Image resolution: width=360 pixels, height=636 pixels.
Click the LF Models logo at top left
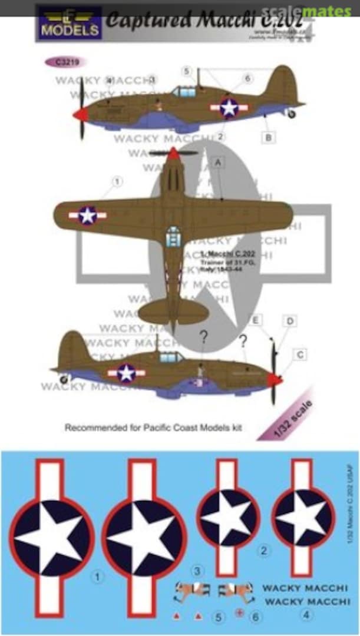70,23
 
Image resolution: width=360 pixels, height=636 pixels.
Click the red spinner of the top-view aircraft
173,154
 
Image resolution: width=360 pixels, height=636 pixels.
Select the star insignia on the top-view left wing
87,216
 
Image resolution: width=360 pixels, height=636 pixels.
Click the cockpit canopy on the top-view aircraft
173,236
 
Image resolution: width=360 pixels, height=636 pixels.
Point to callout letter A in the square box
217,165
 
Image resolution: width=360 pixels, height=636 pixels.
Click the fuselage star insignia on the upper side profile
229,108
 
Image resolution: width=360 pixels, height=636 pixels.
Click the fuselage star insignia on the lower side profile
126,372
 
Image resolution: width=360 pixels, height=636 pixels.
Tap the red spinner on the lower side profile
275,380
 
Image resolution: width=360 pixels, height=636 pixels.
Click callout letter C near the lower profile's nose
300,355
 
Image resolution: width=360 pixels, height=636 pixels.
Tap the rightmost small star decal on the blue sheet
303,518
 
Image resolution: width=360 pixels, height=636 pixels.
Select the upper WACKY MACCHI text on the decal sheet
297,588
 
